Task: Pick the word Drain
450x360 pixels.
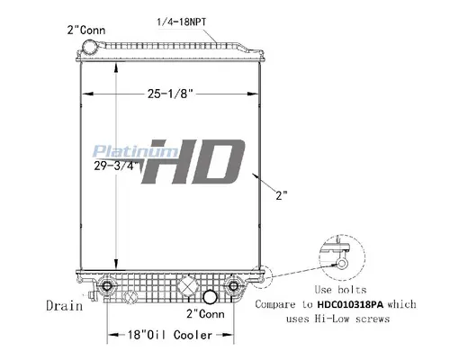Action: click(x=64, y=305)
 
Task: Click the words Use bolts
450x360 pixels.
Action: click(x=334, y=291)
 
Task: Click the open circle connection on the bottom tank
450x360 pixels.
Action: click(x=210, y=296)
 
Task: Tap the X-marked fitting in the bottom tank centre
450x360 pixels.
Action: click(x=188, y=287)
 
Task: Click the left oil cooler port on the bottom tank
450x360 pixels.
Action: click(x=109, y=287)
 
